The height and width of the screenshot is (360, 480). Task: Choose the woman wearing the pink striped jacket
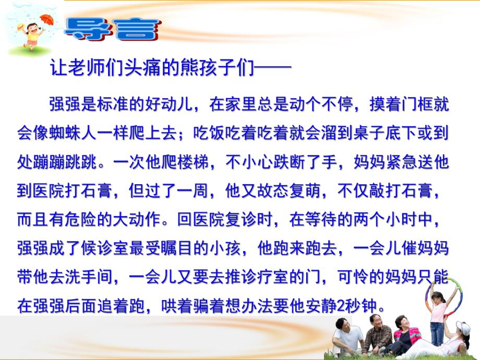pos(403,334)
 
